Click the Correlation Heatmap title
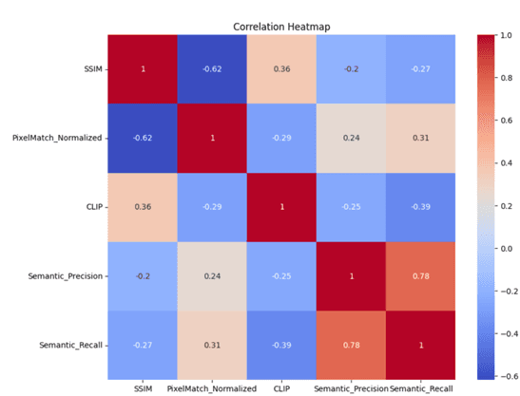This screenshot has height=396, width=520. click(281, 27)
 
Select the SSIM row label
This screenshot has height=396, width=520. click(93, 69)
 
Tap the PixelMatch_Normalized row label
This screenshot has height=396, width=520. click(57, 138)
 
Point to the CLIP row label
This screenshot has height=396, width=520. click(94, 207)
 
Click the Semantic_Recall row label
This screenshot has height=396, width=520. click(71, 345)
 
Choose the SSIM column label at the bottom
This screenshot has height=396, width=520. click(143, 388)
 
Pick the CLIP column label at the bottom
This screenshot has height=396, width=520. click(281, 388)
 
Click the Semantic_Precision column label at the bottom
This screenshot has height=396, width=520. click(351, 388)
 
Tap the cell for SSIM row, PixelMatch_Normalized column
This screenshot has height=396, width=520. click(212, 69)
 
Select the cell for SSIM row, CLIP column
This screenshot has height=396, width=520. click(281, 69)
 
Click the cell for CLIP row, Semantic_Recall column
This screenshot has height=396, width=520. click(420, 207)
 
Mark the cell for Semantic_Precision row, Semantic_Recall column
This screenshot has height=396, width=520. click(420, 276)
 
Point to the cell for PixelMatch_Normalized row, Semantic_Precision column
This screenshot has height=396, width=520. click(351, 139)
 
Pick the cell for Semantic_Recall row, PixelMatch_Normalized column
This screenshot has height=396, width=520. click(212, 346)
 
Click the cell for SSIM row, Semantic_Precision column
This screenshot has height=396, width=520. click(351, 69)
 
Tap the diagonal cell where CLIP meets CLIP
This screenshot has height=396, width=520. click(281, 207)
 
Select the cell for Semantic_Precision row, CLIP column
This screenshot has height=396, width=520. click(281, 276)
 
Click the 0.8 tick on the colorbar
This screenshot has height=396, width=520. click(506, 78)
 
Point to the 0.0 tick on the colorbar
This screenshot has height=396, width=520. click(506, 249)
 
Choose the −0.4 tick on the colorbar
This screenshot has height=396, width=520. click(508, 333)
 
